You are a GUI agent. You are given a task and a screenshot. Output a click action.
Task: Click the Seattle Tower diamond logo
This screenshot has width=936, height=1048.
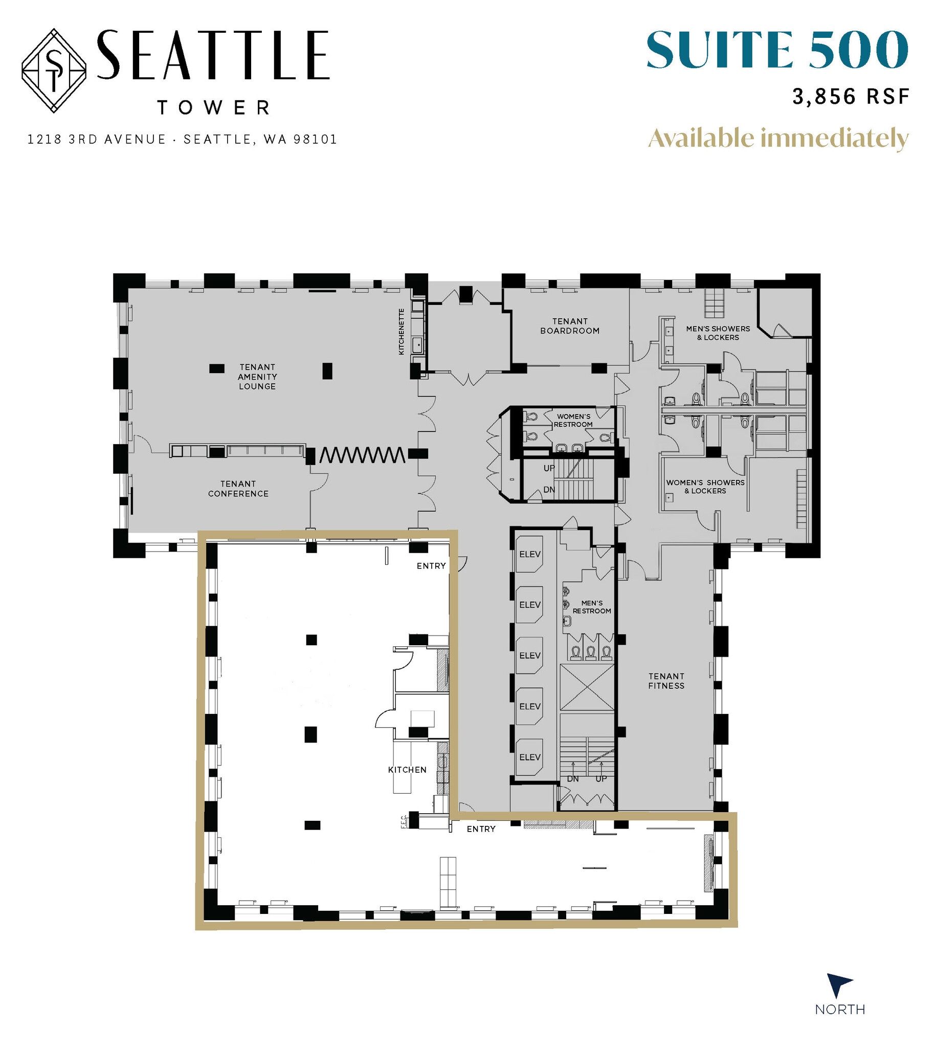coord(54,71)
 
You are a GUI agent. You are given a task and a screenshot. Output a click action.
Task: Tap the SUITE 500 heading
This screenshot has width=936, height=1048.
coord(776,50)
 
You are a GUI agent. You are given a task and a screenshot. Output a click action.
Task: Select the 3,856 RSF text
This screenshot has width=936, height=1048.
coord(851,97)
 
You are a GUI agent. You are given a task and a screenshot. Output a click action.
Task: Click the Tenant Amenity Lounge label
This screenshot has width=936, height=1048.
coord(257,377)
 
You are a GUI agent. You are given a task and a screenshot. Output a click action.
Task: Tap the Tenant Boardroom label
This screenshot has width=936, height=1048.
coord(570,325)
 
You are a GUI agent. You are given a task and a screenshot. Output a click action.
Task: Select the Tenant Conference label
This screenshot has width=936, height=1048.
coord(238,488)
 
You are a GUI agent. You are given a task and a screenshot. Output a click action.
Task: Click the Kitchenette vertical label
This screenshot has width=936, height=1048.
coord(401,331)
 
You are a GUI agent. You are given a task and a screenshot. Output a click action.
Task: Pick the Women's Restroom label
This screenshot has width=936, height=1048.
coord(573,420)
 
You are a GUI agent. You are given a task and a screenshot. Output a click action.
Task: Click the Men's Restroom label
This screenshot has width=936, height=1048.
coord(591,606)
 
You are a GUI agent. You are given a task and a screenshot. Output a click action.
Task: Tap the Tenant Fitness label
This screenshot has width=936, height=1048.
coord(666,681)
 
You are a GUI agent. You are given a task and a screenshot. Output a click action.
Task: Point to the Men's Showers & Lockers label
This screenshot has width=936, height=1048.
coord(718,333)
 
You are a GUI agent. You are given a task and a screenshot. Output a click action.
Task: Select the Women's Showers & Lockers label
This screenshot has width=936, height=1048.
coord(705,486)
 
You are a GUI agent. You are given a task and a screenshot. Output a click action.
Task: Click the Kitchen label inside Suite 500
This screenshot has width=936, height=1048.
coord(407,770)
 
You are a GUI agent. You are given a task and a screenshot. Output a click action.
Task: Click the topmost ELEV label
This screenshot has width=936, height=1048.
coord(530,554)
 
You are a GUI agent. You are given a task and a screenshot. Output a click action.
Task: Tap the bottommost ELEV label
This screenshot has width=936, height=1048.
coord(530,757)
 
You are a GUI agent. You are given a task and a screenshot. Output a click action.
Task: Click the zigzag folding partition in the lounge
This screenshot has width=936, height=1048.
coord(362,455)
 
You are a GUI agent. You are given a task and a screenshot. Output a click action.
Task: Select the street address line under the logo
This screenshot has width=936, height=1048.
coord(182,139)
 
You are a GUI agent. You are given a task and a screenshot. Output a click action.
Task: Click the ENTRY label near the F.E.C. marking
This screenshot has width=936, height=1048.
coord(481,829)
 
